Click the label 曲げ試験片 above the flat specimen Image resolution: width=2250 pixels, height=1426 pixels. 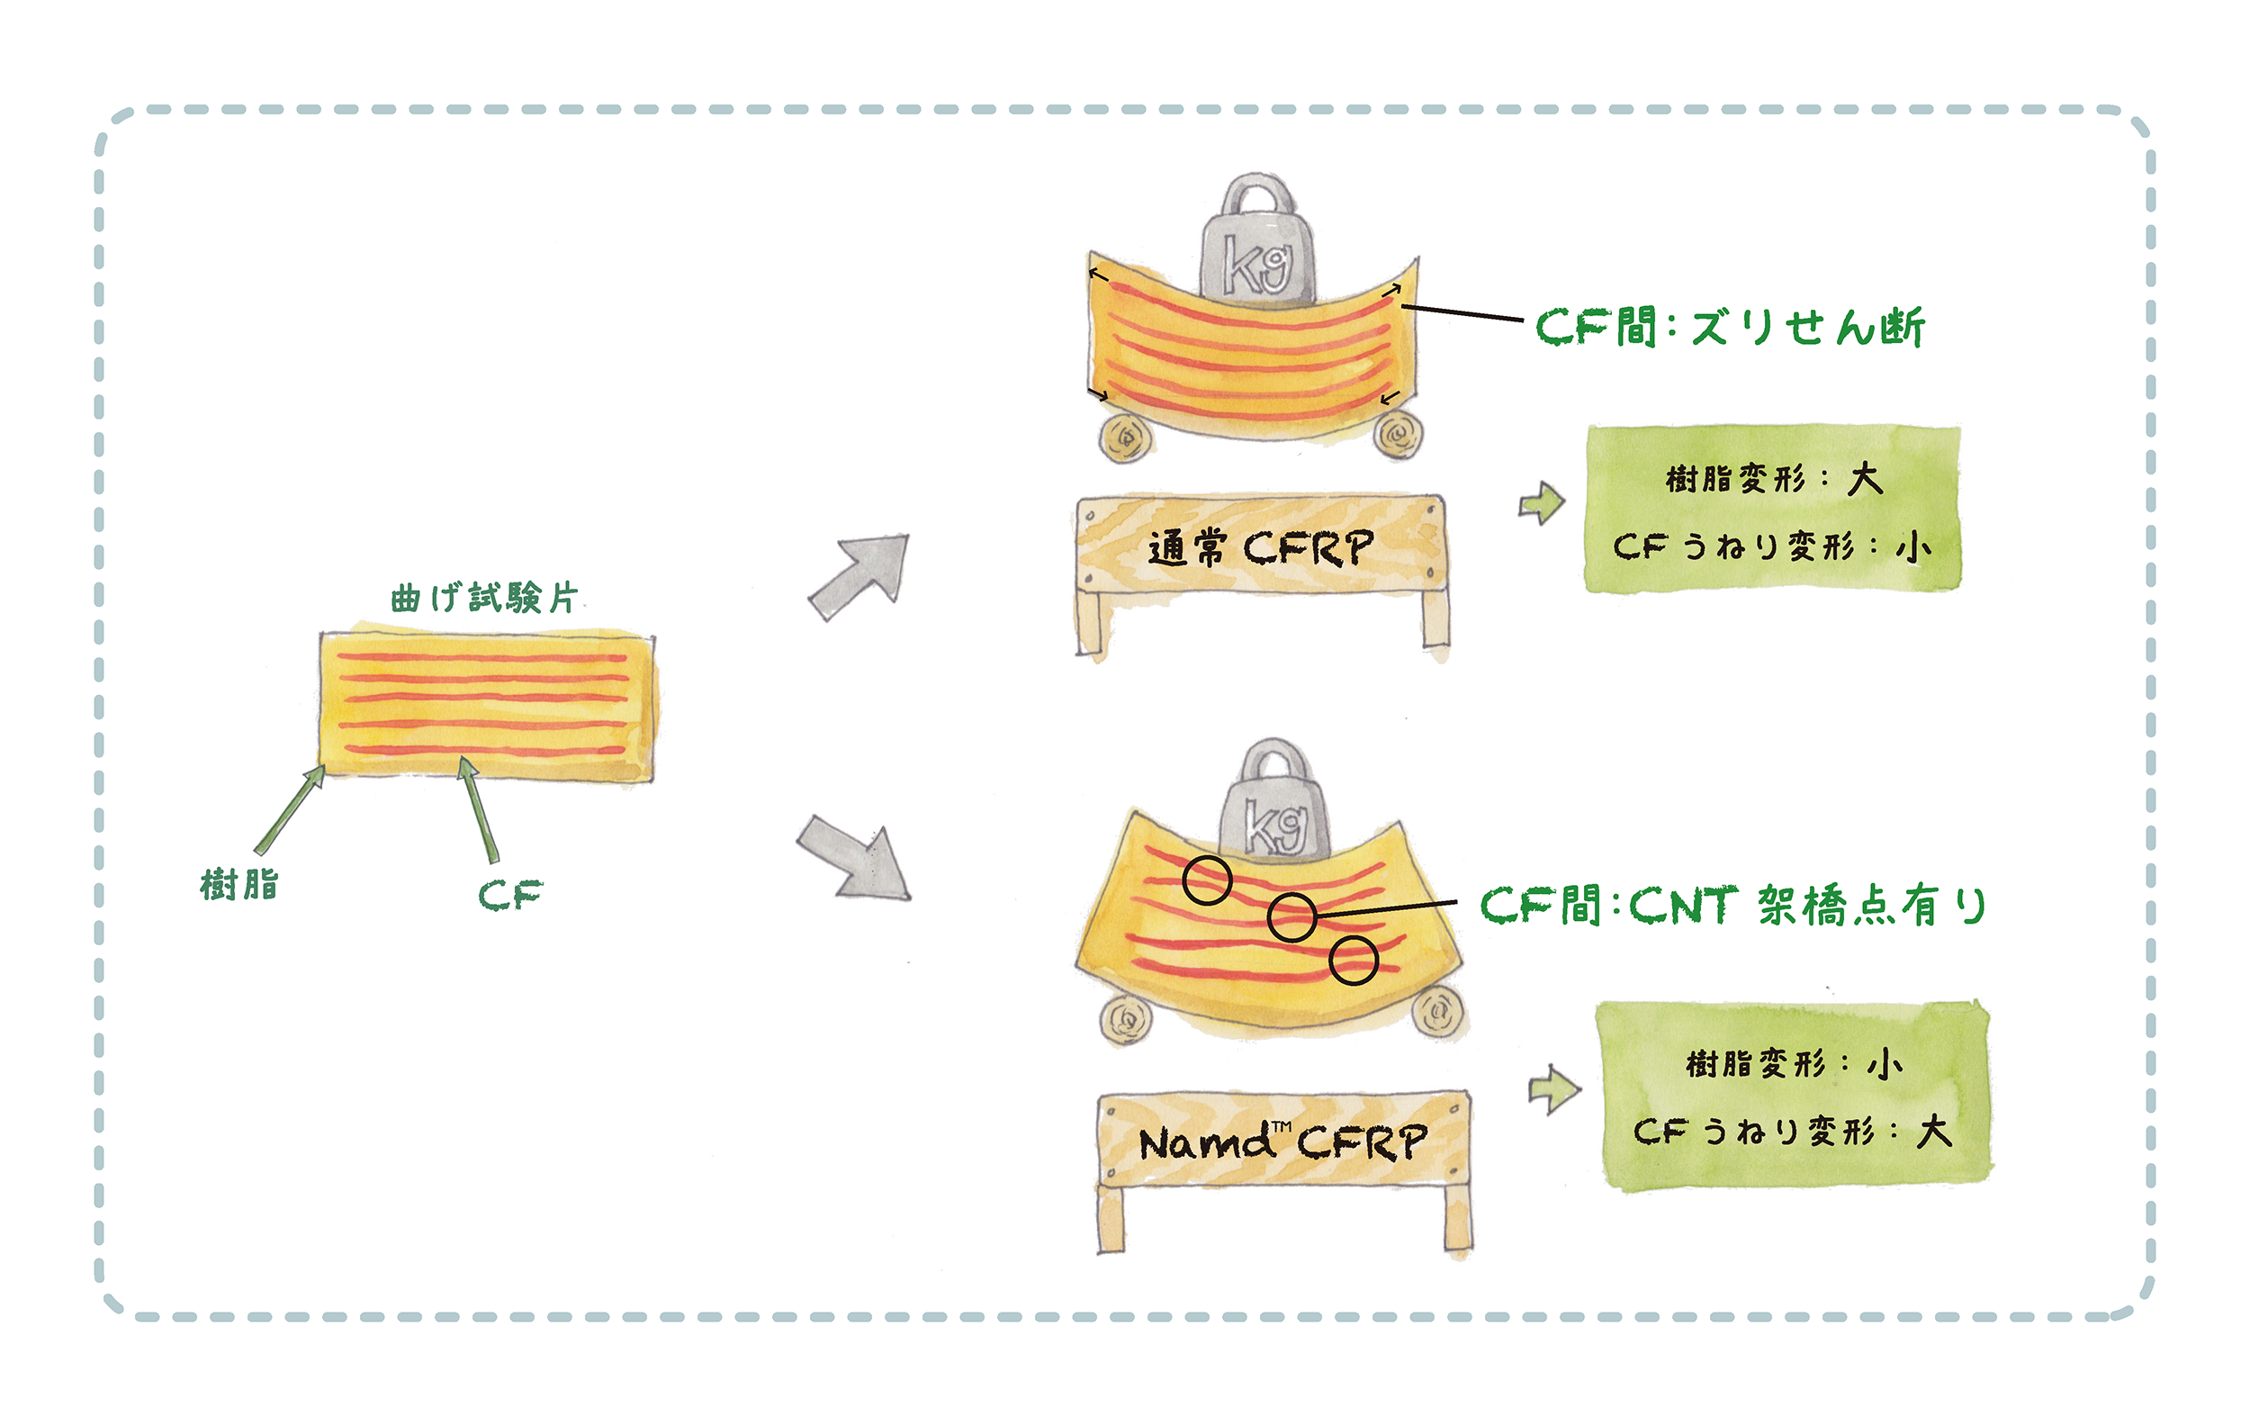coord(484,597)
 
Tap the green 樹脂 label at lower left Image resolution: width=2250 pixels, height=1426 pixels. coord(239,884)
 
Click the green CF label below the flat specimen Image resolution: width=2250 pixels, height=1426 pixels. coord(509,895)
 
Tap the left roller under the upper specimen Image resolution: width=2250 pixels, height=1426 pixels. coord(1125,438)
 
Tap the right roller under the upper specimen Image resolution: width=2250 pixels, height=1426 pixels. coord(1398,434)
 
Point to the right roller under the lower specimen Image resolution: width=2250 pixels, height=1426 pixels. coord(1437,1010)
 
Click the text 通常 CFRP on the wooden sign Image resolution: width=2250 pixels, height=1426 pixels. coord(1262,547)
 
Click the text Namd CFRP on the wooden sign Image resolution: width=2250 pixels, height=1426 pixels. coord(1282,1141)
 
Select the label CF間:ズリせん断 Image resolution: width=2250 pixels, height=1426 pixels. coord(1731,327)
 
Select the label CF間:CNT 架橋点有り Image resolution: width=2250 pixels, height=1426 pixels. coord(1733,905)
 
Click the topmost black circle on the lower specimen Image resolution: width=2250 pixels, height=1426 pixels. coord(1207,881)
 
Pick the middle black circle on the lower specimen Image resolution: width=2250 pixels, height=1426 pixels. coord(1292,916)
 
